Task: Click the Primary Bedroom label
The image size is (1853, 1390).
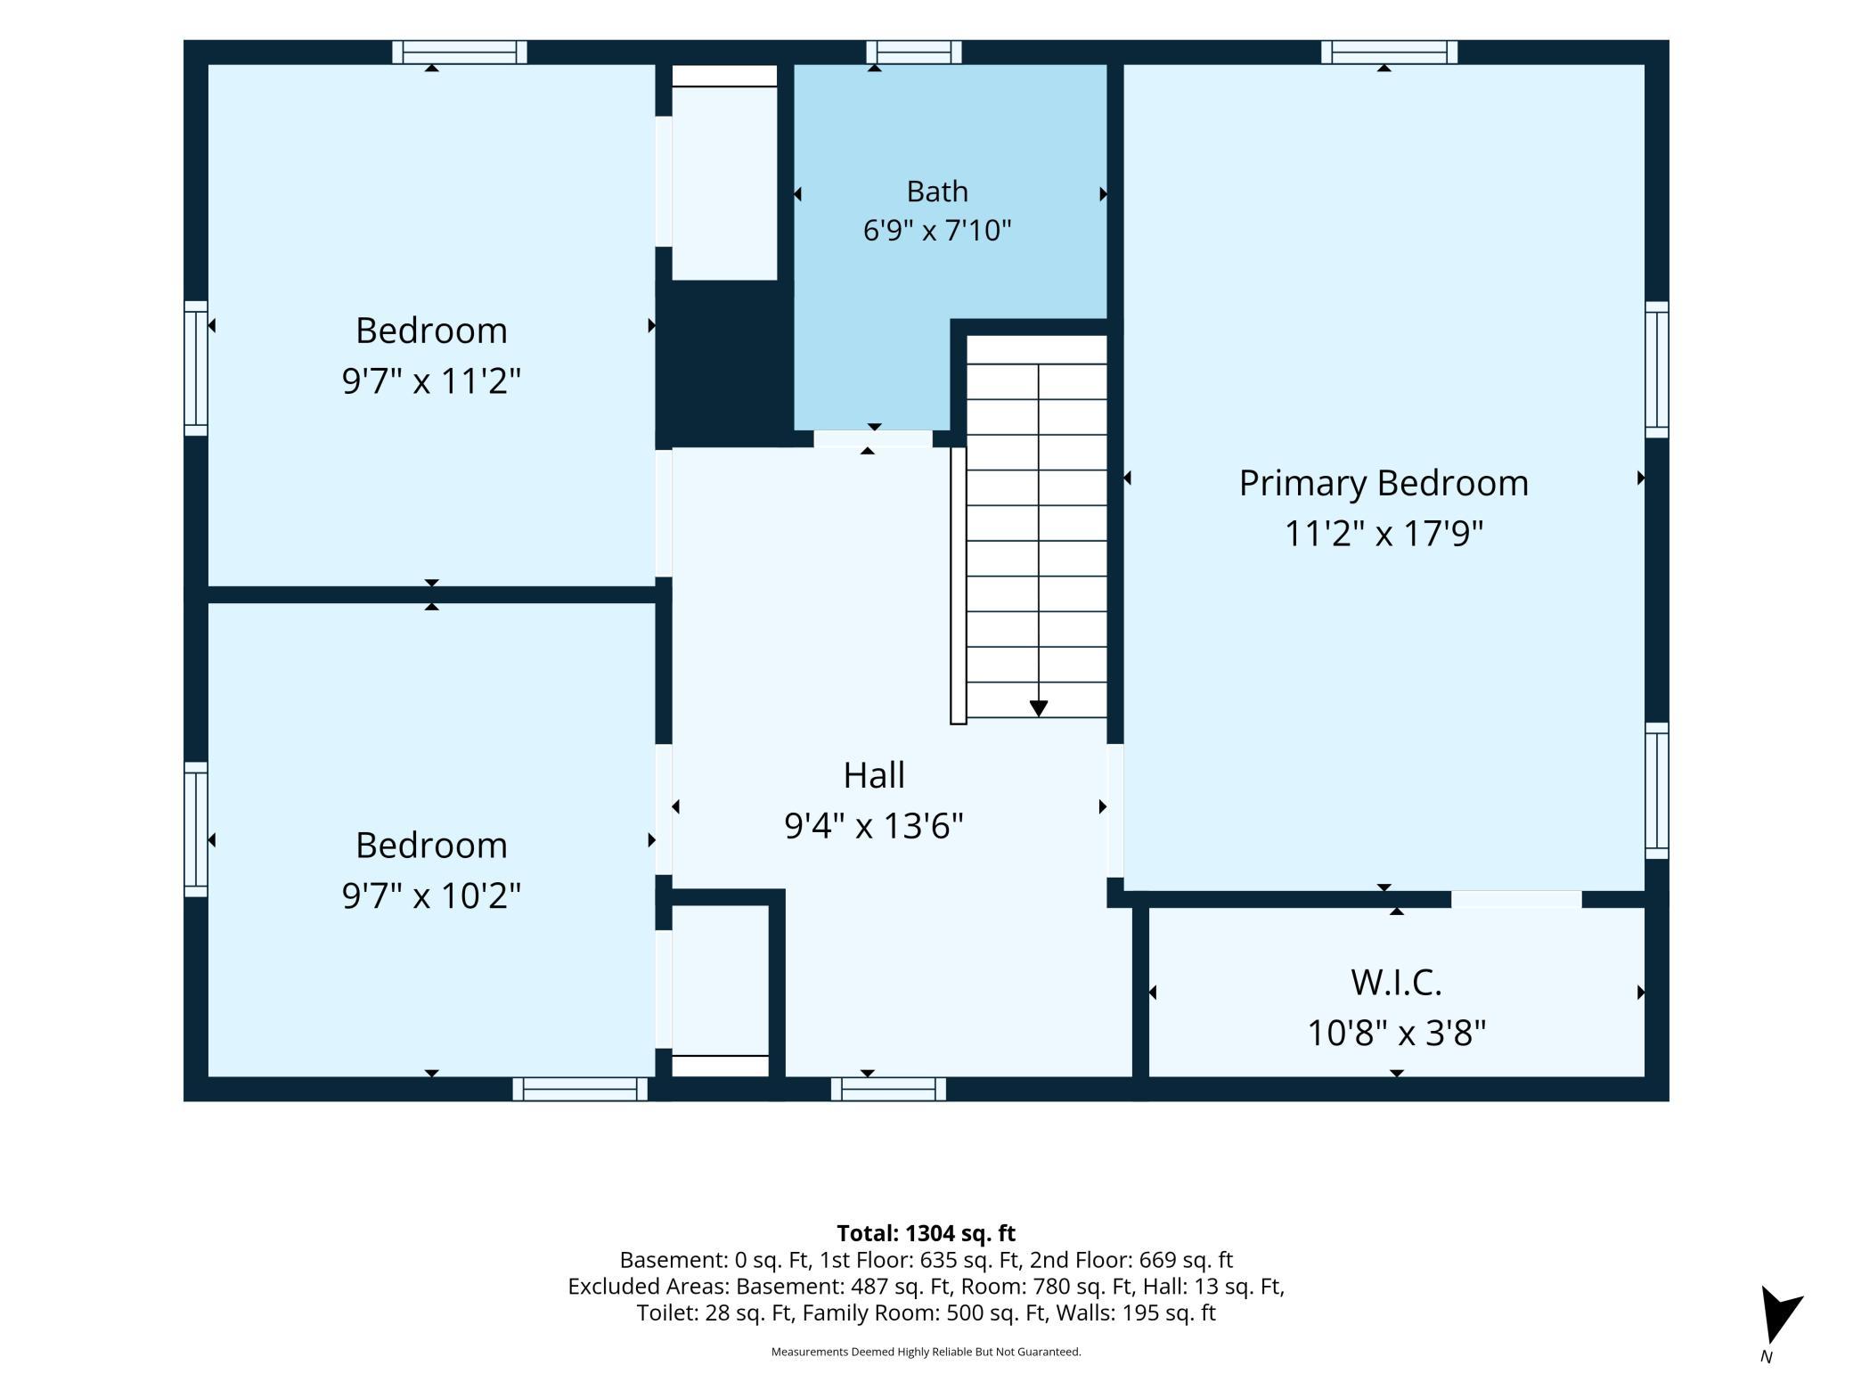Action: [1384, 483]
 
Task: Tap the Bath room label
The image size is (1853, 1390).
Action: [937, 192]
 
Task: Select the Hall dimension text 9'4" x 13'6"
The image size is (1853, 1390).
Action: [874, 825]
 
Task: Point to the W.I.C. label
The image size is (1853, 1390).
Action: [1396, 982]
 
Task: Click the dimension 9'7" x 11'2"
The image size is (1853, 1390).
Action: [431, 380]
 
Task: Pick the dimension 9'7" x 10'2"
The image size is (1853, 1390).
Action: [431, 895]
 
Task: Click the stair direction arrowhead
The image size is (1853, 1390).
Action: [1039, 708]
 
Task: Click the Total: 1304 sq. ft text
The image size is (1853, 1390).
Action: [926, 1233]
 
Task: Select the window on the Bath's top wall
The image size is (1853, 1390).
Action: [914, 52]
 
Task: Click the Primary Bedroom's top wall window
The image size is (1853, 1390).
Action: [1389, 52]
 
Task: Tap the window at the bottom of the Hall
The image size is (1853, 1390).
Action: [888, 1089]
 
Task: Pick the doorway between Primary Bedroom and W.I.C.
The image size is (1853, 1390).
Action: [1516, 899]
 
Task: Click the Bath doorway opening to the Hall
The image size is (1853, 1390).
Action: [873, 438]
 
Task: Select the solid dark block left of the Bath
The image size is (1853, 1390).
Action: [725, 364]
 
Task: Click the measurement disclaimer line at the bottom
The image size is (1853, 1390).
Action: [926, 1352]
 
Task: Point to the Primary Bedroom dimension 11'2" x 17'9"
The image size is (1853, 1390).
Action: [1384, 534]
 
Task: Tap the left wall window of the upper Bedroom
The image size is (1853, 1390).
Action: [196, 368]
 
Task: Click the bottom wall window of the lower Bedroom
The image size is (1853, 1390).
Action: [580, 1089]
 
